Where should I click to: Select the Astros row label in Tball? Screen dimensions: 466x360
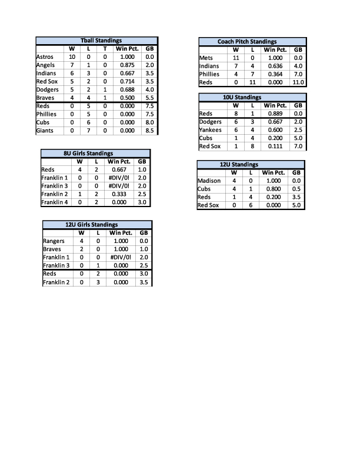click(45, 56)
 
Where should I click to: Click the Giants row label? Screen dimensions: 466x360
click(45, 131)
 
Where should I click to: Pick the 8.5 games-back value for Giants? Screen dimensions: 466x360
click(149, 131)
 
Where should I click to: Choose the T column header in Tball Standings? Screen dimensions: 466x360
click(105, 48)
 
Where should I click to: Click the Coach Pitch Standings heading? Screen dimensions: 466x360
click(246, 42)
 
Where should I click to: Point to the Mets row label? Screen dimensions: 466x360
click(206, 58)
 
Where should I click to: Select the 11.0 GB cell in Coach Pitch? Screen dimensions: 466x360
click(298, 82)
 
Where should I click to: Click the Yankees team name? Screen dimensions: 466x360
click(211, 130)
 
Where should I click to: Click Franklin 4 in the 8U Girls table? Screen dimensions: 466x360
click(54, 202)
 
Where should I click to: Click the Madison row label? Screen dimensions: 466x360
click(209, 181)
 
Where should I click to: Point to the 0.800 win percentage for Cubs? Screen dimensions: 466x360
click(274, 189)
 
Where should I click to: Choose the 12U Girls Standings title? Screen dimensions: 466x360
click(92, 224)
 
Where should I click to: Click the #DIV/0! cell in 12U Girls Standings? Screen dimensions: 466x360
click(119, 257)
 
